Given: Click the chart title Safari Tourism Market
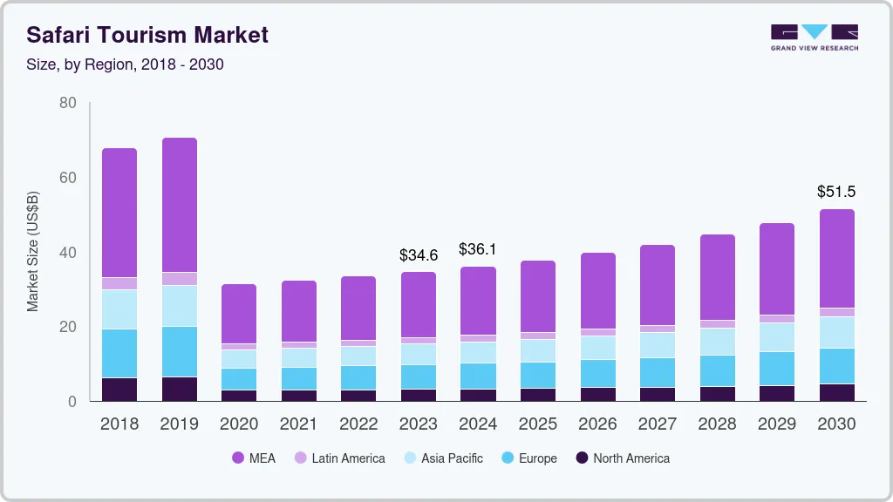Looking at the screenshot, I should [147, 35].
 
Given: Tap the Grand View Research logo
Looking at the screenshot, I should [814, 37].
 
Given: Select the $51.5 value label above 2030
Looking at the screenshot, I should [836, 191].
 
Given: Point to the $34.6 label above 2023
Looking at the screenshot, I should [419, 255].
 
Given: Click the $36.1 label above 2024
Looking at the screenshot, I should [478, 249].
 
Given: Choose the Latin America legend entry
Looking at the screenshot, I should [339, 458].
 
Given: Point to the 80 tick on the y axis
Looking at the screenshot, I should [68, 103].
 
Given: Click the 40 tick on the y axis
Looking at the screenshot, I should [68, 253].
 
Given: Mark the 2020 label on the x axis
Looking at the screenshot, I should [239, 424].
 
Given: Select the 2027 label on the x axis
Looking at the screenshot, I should [657, 424].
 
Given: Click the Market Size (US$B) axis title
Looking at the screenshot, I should [32, 251].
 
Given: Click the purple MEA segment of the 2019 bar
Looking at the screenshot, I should [180, 205].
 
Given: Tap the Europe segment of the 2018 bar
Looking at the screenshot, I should [119, 353].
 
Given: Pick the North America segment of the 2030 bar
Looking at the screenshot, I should [836, 392].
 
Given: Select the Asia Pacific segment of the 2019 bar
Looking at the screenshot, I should [180, 306].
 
